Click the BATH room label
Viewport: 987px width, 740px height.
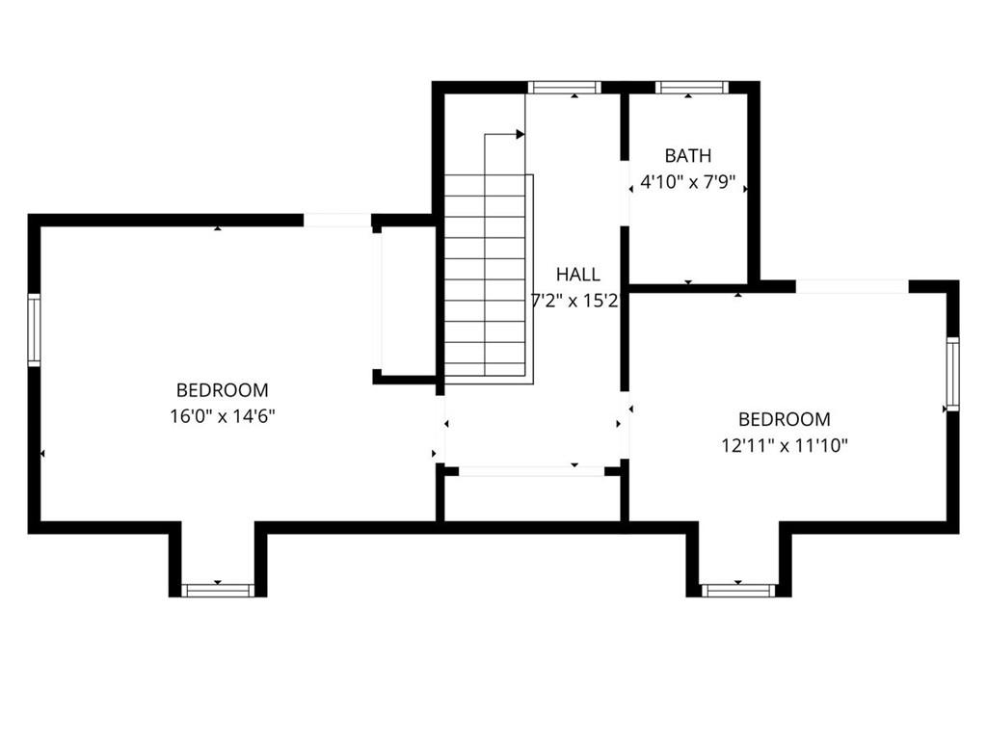[x=688, y=155]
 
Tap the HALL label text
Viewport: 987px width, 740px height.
[x=578, y=275]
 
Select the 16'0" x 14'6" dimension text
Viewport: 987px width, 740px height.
[x=223, y=416]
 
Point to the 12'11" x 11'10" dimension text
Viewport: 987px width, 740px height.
[x=785, y=446]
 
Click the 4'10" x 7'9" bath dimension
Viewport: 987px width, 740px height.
[x=688, y=183]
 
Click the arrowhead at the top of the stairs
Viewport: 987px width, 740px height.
[x=520, y=134]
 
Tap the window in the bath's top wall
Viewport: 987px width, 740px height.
[x=691, y=88]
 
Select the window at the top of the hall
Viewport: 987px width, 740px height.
[x=565, y=88]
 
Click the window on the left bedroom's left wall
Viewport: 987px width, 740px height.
[x=34, y=330]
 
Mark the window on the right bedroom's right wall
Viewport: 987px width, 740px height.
[x=953, y=374]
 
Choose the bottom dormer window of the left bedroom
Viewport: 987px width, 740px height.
[x=218, y=591]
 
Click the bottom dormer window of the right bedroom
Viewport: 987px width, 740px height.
[x=738, y=591]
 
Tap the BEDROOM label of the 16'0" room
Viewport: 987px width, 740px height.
[x=223, y=390]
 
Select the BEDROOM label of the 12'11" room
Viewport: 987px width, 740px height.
[x=785, y=419]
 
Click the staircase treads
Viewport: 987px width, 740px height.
[x=485, y=278]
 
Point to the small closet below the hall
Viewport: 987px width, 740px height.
[x=532, y=497]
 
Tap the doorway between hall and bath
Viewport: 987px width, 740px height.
[x=625, y=193]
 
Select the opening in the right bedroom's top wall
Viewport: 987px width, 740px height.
[x=852, y=287]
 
